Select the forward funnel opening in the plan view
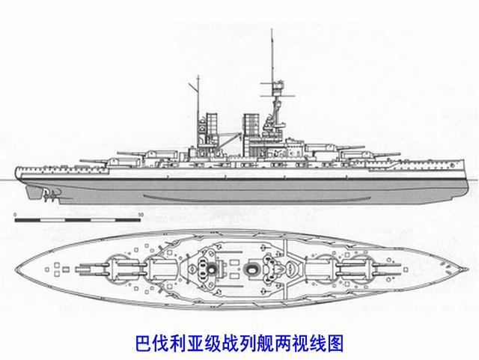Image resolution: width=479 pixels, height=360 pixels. click(x=263, y=267)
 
